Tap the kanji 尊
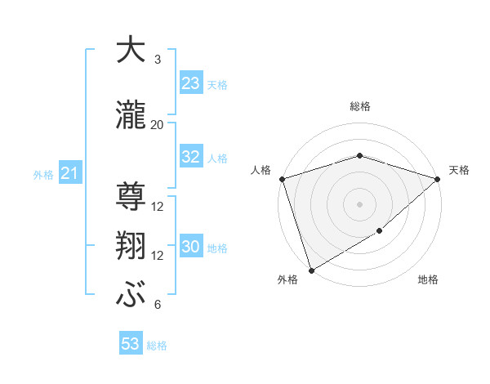coord(130,195)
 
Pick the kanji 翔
coord(130,245)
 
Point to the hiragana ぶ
coord(130,294)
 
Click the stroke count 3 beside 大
coord(157,60)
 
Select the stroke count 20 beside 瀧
coord(158,124)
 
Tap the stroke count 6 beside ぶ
coord(157,305)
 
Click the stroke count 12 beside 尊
coord(158,207)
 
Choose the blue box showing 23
coord(190,83)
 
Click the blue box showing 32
coord(190,157)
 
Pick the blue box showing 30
coord(190,247)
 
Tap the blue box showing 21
coord(69,173)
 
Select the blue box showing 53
coord(131,344)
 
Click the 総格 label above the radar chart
coord(360,106)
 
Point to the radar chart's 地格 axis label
coord(428,280)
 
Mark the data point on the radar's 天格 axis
coord(438,179)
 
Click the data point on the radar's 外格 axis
coord(311,270)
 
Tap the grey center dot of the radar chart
coord(359,204)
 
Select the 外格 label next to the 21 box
coord(43,174)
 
